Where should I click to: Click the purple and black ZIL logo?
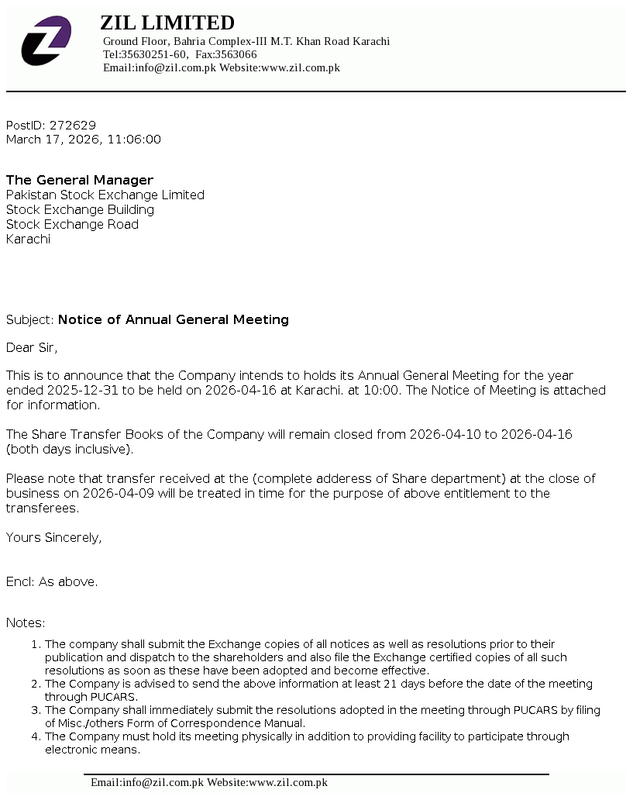click(46, 40)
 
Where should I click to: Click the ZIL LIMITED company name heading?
click(167, 22)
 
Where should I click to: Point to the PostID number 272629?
click(73, 125)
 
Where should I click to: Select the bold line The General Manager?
click(80, 180)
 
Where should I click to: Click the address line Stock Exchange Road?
click(72, 224)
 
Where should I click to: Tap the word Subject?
click(30, 319)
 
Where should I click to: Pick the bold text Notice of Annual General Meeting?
click(174, 319)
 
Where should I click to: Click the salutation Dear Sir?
click(32, 347)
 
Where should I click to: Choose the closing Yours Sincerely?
click(53, 537)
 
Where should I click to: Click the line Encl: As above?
click(52, 581)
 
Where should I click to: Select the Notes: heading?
click(26, 622)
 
